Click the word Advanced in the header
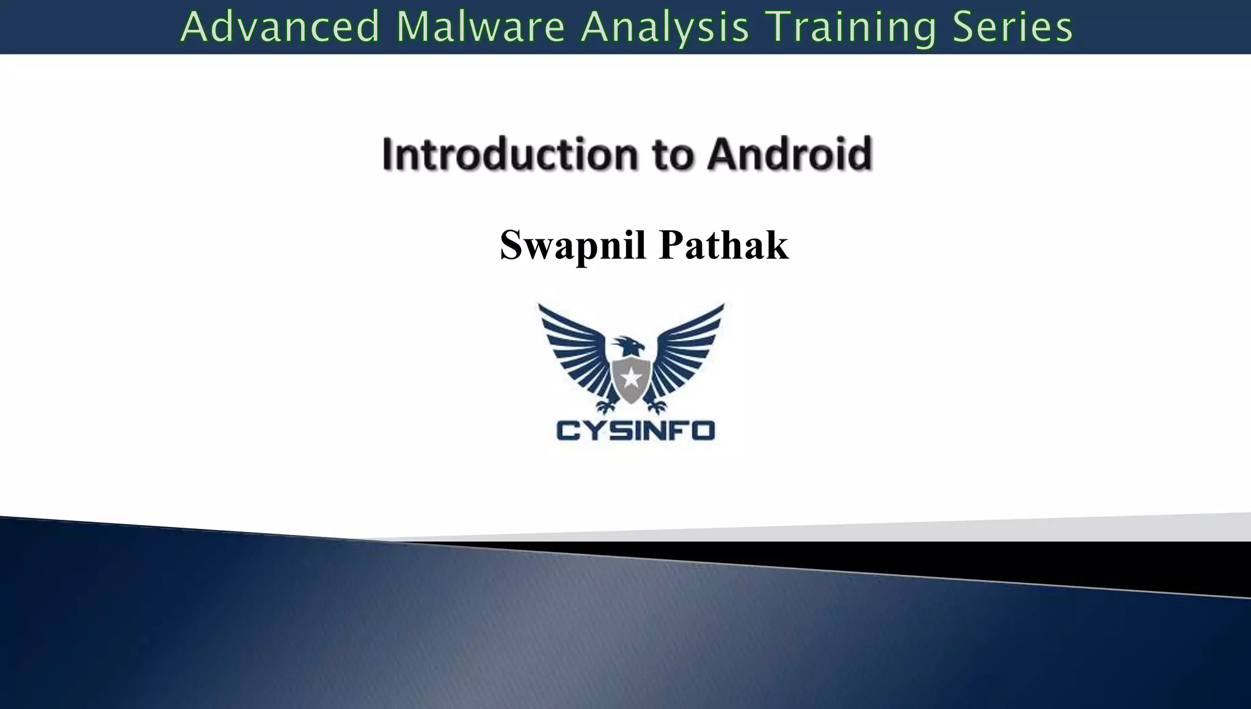coord(280,27)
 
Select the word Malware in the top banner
coord(481,27)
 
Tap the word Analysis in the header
coord(665,28)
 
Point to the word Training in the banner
coord(850,28)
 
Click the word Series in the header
coord(1012,27)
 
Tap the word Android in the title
coord(789,154)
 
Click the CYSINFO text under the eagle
coord(635,431)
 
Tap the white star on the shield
coord(631,379)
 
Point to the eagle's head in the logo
coord(629,346)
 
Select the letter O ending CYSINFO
coord(703,431)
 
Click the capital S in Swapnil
coord(512,245)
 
